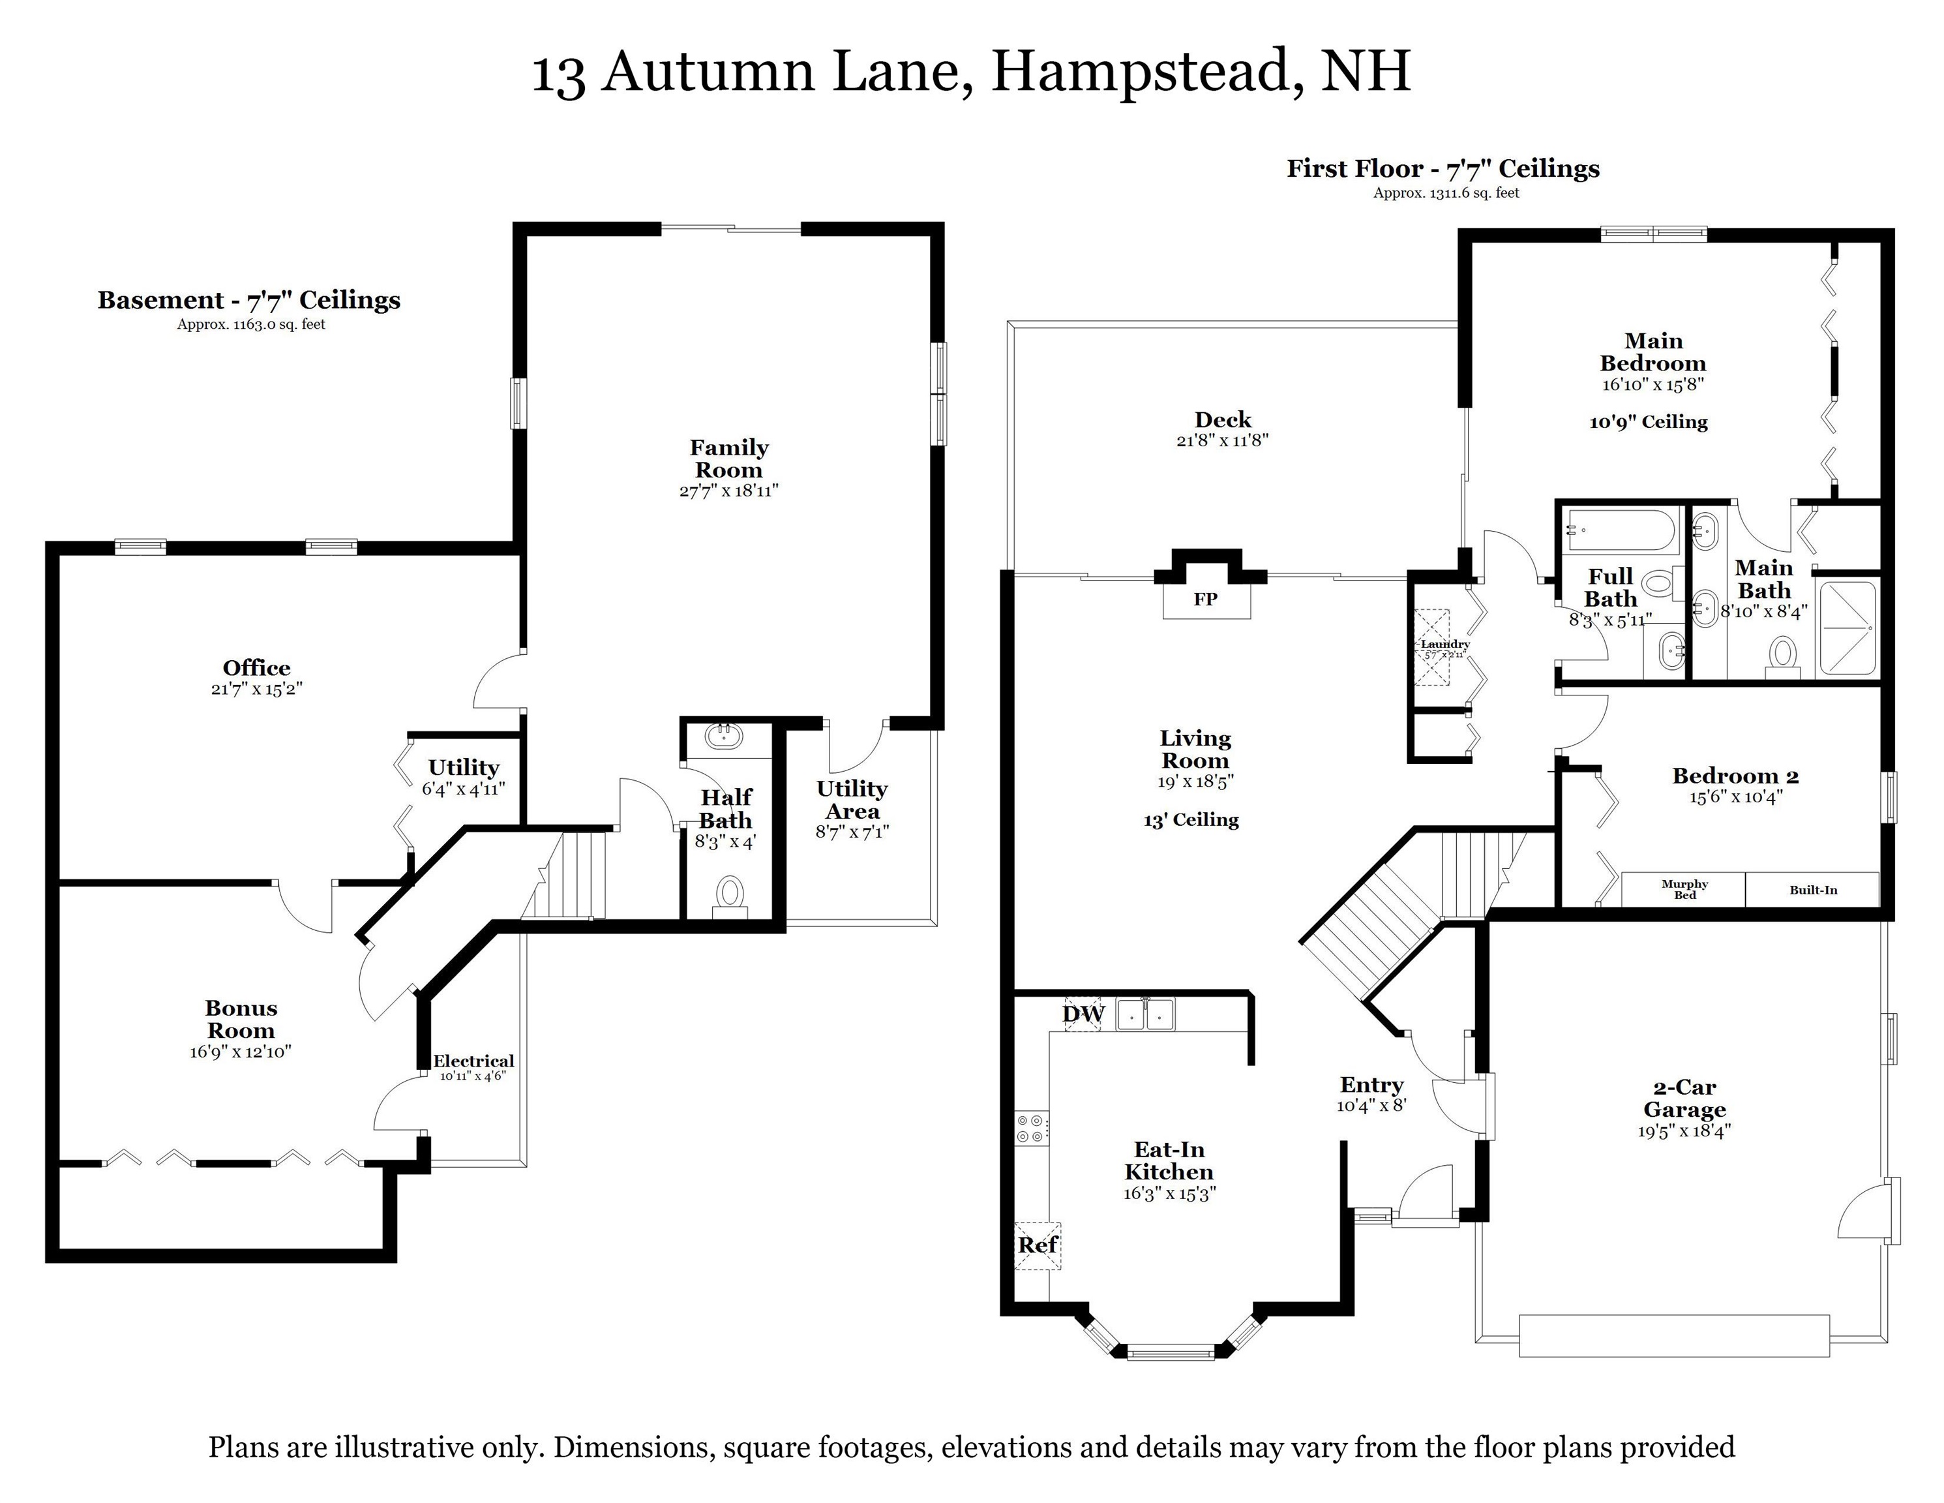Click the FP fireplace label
click(x=1205, y=600)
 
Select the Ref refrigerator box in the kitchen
click(x=1036, y=1245)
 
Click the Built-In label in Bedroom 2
click(x=1813, y=890)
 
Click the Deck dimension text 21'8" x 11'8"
click(x=1222, y=440)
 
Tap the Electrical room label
click(x=473, y=1061)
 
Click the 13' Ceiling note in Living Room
click(x=1191, y=820)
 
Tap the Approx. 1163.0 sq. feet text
click(x=251, y=324)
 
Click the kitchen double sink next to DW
click(x=1146, y=1014)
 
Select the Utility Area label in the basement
click(x=852, y=800)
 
